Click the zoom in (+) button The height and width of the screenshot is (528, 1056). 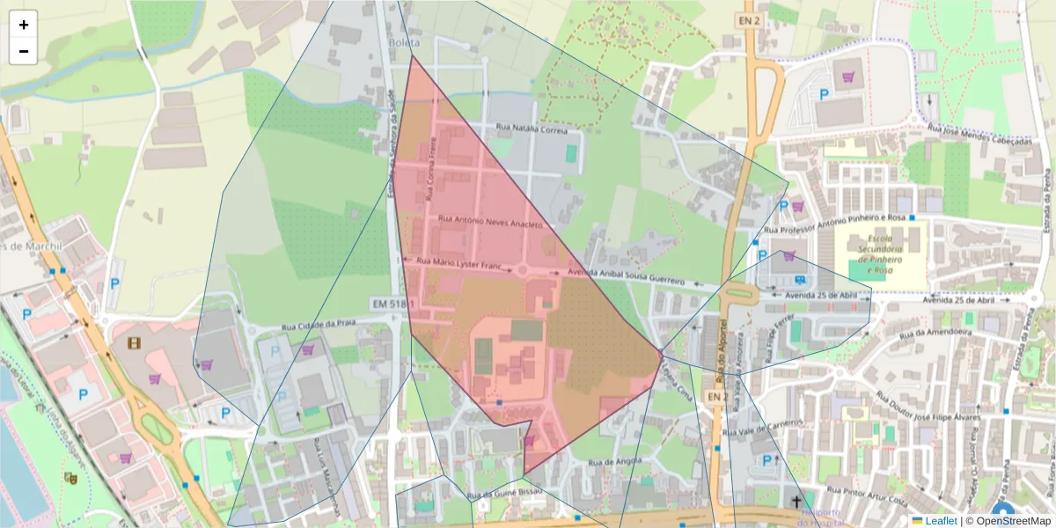24,25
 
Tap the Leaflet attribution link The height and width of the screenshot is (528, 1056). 941,521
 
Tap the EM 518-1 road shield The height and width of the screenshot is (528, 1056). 392,304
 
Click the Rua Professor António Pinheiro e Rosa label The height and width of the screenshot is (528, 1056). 837,224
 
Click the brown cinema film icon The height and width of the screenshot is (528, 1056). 134,342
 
